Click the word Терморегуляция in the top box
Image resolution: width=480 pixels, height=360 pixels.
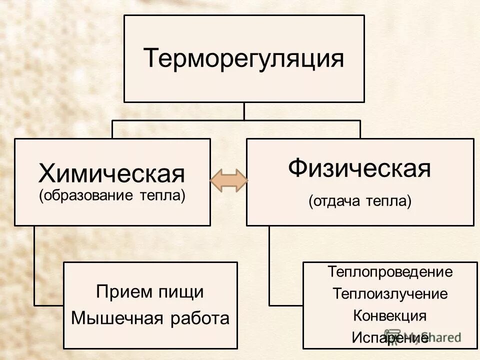244,58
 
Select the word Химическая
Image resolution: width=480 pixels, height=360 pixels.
112,174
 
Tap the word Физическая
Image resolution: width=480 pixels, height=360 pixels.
359,168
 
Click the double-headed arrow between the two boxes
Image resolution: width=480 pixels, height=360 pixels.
228,179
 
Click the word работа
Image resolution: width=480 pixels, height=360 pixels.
199,318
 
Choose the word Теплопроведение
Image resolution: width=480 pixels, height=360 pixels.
390,272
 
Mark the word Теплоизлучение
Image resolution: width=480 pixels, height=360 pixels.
390,294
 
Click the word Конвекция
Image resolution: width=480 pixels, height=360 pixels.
390,315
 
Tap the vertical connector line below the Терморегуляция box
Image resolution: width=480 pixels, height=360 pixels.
244,111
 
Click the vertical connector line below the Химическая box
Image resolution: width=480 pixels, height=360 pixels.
34,265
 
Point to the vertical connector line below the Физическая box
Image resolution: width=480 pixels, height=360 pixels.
269,265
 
